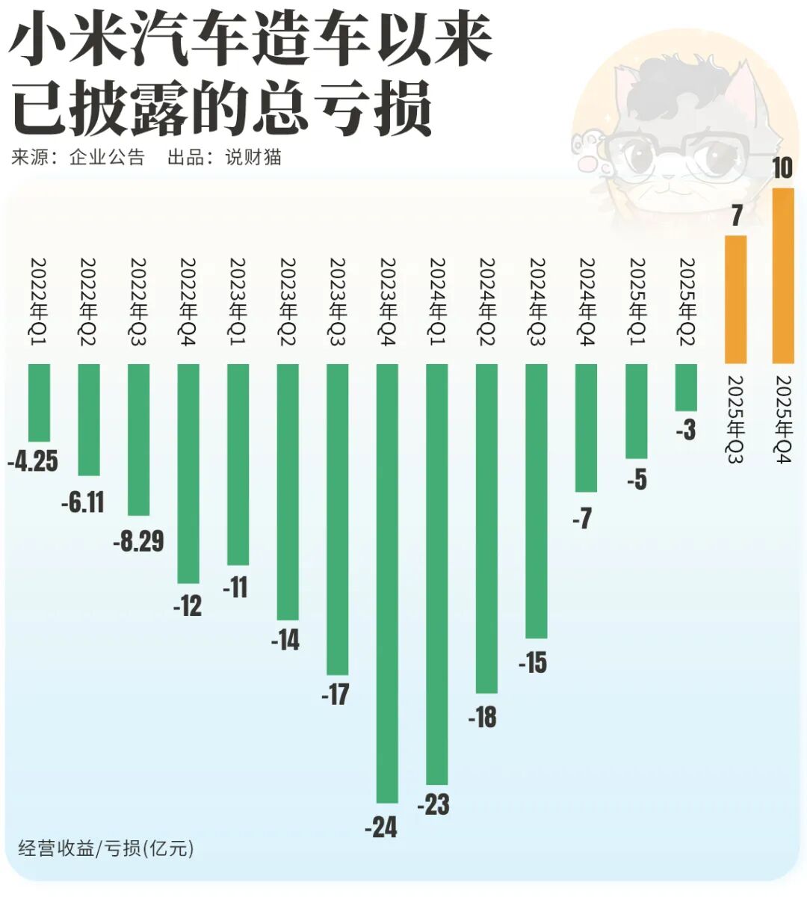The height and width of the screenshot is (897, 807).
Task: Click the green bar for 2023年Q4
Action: pyautogui.click(x=387, y=583)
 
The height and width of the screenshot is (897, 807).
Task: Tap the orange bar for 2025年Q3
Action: pyautogui.click(x=736, y=299)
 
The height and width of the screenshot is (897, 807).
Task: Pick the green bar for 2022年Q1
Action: pyautogui.click(x=39, y=402)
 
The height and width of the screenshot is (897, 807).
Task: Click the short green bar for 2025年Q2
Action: pyautogui.click(x=685, y=387)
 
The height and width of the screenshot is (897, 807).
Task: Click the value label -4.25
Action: pyautogui.click(x=33, y=461)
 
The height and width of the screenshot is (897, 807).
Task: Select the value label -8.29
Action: pyautogui.click(x=138, y=540)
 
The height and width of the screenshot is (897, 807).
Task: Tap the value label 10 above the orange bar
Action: pyautogui.click(x=782, y=168)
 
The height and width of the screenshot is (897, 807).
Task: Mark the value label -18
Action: pyautogui.click(x=483, y=717)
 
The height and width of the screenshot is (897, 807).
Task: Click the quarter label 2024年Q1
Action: pyautogui.click(x=437, y=303)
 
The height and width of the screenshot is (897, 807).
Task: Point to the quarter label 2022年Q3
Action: pyautogui.click(x=139, y=303)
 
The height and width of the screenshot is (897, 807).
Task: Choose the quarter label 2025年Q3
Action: pyautogui.click(x=736, y=419)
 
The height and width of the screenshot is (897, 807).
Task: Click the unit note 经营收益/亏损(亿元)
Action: pyautogui.click(x=105, y=848)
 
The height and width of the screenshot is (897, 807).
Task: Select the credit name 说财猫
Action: pyautogui.click(x=253, y=157)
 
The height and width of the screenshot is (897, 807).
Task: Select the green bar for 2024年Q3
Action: pyautogui.click(x=537, y=501)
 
